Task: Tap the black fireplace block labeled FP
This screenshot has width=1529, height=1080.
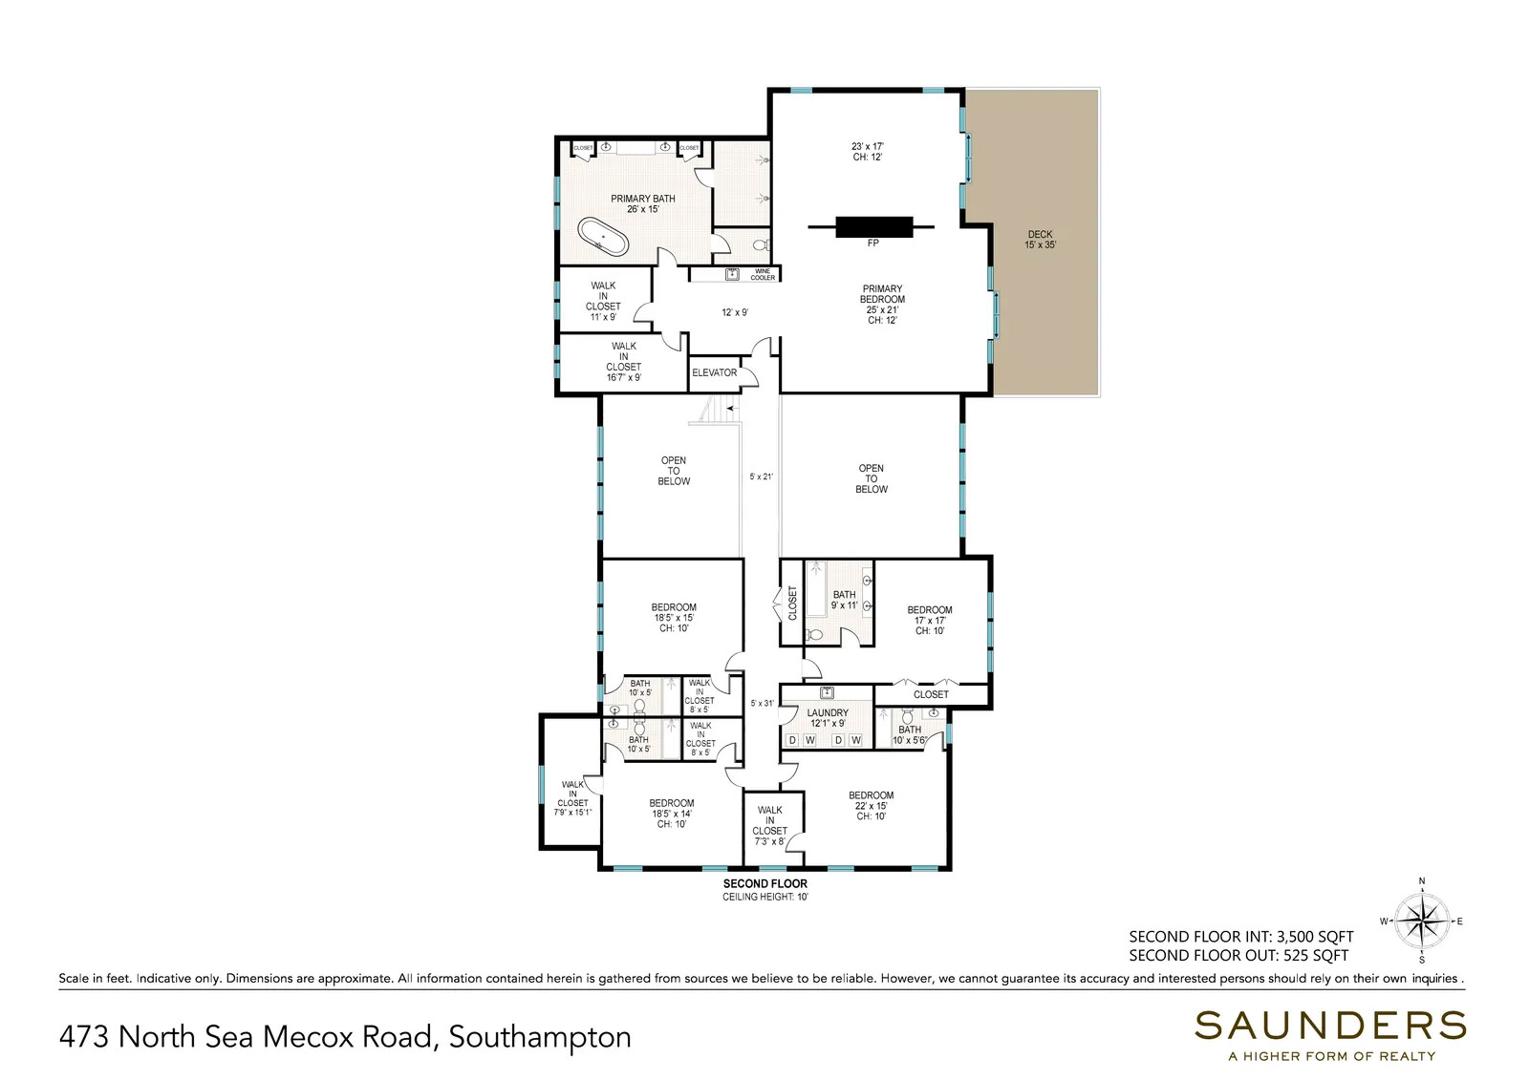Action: tap(873, 227)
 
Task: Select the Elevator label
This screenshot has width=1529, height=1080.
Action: tap(714, 372)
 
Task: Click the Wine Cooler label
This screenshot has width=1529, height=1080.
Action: tap(763, 274)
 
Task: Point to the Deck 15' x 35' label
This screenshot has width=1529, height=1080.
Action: tap(1040, 240)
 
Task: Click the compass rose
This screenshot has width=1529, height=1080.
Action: tap(1422, 921)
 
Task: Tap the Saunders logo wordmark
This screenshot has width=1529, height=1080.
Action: tap(1330, 1026)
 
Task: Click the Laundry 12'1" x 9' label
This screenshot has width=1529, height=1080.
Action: tap(828, 718)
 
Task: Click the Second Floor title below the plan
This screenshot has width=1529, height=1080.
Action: tap(765, 883)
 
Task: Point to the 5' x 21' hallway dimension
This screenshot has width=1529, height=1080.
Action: tap(761, 476)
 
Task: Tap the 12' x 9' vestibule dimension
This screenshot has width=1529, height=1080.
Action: tap(735, 312)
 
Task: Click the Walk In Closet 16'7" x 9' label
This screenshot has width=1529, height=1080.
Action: tap(623, 362)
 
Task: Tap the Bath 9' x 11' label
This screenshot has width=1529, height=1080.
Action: tap(844, 600)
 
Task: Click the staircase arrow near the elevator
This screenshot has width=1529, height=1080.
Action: tap(732, 408)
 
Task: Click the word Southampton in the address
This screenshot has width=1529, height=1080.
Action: tap(540, 1037)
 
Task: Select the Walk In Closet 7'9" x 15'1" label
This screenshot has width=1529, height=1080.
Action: tap(572, 798)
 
